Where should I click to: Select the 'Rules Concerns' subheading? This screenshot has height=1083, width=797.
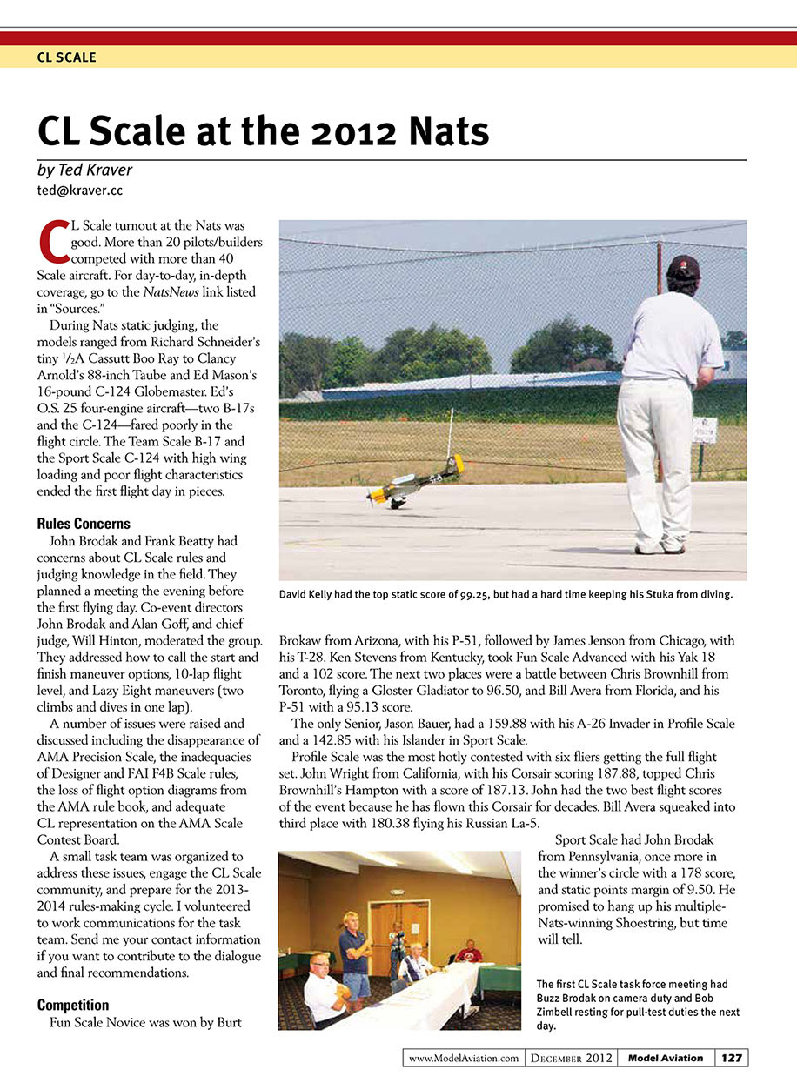tap(84, 524)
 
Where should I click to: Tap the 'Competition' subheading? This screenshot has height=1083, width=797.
tap(73, 1005)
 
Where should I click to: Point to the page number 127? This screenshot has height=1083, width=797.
tap(731, 1058)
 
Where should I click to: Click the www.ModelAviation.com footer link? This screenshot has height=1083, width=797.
tap(464, 1058)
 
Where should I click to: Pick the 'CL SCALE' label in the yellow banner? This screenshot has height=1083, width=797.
tap(66, 57)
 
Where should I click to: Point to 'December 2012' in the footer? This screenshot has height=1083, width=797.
tap(571, 1058)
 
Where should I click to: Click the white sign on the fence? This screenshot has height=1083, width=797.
tap(704, 429)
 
